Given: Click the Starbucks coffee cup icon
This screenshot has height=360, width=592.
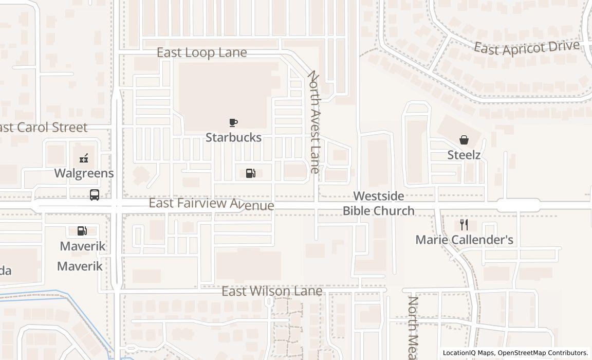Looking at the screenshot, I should click(233, 122).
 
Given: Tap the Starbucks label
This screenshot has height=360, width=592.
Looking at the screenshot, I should click(233, 137).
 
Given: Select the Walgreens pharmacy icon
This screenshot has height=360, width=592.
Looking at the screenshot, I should click(84, 158).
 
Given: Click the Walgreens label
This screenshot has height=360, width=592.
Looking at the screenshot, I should click(84, 173).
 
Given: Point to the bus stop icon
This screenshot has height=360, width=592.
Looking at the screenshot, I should click(95, 195).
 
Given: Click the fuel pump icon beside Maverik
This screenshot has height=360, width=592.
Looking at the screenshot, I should click(82, 231).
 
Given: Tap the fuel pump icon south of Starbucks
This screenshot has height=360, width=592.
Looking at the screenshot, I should click(251, 173).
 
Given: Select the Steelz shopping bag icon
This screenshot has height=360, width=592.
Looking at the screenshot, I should click(464, 140).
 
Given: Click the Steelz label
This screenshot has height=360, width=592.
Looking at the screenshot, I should click(464, 155).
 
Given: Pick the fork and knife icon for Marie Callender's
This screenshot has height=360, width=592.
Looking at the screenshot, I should click(464, 225).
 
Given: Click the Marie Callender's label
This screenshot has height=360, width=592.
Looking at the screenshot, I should click(464, 240).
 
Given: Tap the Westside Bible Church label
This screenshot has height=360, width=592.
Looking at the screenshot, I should click(379, 203).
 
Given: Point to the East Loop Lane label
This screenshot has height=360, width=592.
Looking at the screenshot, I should click(201, 52).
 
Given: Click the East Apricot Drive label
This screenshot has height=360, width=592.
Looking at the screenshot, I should click(526, 48).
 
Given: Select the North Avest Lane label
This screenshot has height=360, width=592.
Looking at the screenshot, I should click(314, 122).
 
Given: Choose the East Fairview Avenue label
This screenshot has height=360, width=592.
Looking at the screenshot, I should click(211, 204).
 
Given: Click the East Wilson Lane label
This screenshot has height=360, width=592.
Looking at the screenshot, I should click(272, 291).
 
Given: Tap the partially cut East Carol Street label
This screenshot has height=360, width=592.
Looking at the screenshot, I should click(44, 127).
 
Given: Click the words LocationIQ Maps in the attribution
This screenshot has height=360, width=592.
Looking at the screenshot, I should click(469, 353).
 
